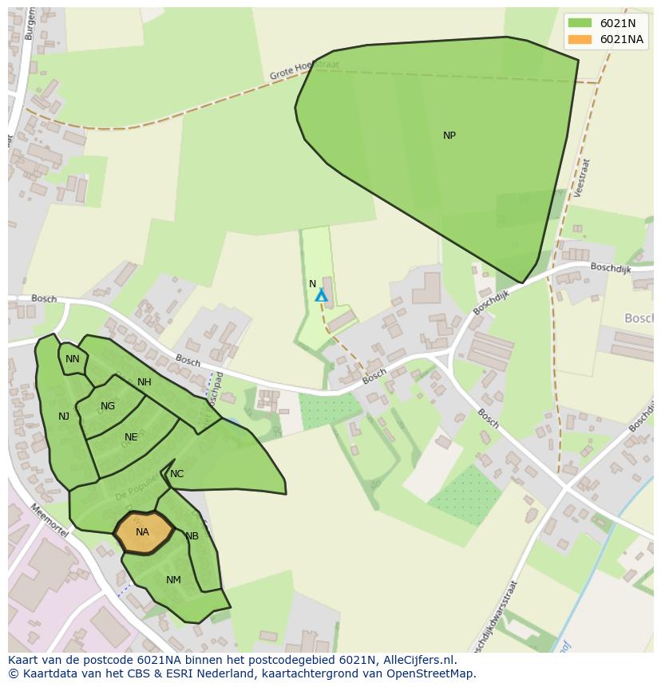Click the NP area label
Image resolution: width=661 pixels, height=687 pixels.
click(449, 136)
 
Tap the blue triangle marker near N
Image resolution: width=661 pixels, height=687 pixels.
click(321, 296)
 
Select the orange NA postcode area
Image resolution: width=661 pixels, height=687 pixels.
click(144, 532)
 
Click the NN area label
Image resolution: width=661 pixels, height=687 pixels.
click(73, 359)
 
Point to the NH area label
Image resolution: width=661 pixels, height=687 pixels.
click(144, 382)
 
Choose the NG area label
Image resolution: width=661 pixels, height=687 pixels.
click(108, 406)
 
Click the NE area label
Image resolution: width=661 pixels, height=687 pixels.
click(131, 437)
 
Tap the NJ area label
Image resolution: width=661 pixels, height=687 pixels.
click(64, 417)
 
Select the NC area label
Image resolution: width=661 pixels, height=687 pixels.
click(177, 474)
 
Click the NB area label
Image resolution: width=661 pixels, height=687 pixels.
click(192, 536)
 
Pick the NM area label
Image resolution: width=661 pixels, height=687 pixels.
click(173, 580)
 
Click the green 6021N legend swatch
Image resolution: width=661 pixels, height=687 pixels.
click(580, 23)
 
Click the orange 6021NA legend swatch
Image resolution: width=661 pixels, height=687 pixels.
click(580, 39)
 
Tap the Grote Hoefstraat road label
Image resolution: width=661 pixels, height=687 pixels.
click(304, 70)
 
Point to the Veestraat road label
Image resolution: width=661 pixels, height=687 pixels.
click(581, 177)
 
